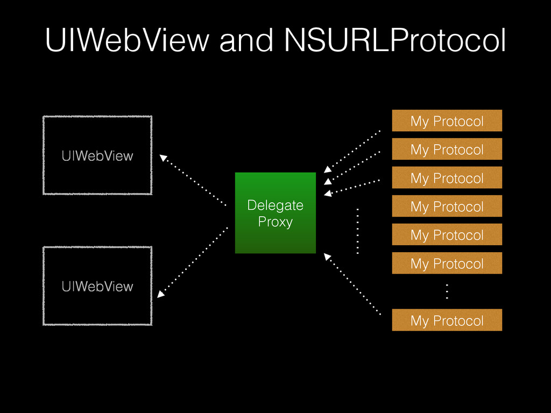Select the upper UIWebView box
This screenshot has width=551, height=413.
click(x=97, y=155)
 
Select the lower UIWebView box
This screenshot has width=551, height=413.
click(x=97, y=286)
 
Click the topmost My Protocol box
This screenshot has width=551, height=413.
click(x=447, y=121)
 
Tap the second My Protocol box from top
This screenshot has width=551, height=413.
click(x=447, y=149)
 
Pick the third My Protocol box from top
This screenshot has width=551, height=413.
click(x=447, y=178)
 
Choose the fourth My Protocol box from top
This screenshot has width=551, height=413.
click(x=447, y=206)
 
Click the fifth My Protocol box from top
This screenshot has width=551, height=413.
click(x=447, y=235)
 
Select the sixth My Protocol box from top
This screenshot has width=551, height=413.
click(x=447, y=264)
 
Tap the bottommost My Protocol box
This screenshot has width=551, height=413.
click(x=447, y=321)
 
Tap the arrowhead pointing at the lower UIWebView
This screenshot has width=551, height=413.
click(x=161, y=294)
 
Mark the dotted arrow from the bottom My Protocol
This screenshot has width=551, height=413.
click(x=352, y=285)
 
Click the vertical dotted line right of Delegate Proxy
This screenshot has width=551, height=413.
click(x=357, y=230)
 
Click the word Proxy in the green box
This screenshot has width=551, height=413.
click(x=275, y=222)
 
